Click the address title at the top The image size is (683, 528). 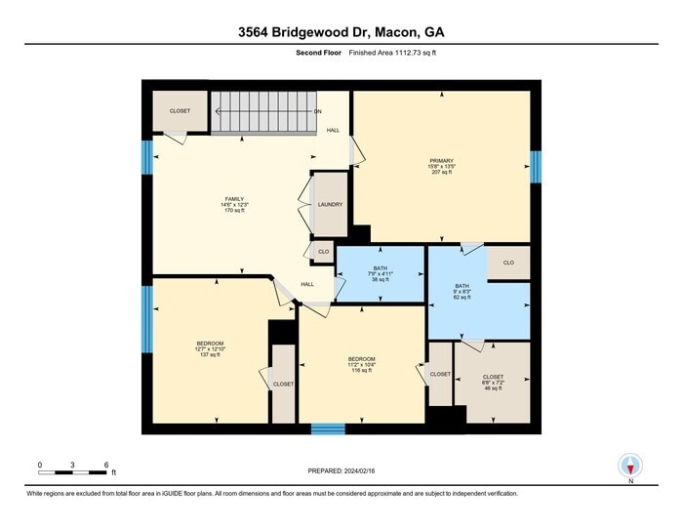point(341,31)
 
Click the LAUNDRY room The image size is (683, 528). point(330,205)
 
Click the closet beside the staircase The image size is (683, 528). point(180,111)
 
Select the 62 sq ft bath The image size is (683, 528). point(462,291)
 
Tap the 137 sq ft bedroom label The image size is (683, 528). point(210,348)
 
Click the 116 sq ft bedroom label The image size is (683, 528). point(361,364)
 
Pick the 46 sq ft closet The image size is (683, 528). point(493,382)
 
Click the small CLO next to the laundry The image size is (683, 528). point(323,253)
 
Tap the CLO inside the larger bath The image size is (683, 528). point(508,263)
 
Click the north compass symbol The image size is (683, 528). point(631,467)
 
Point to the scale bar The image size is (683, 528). point(72,472)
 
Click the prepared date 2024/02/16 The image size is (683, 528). point(341,471)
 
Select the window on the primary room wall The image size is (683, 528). point(535,166)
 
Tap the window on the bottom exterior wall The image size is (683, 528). point(328,428)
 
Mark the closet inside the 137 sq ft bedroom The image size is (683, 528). point(283,385)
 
